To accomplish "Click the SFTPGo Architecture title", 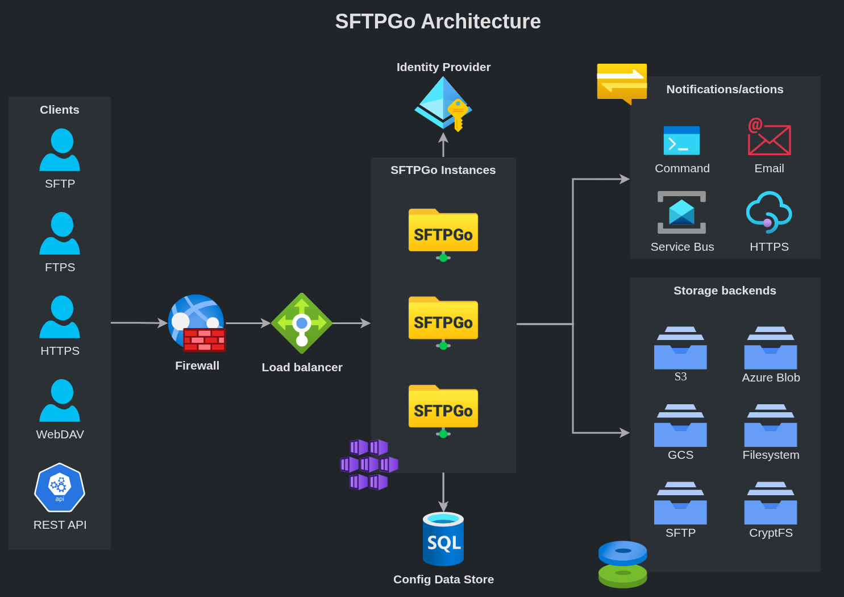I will point(438,22).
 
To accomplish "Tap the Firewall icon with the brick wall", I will point(197,323).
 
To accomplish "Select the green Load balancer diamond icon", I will point(302,323).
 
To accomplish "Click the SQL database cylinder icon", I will point(443,539).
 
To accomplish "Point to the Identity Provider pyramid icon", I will point(443,102).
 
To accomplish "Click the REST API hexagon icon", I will point(60,487).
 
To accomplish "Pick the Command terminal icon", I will point(681,140).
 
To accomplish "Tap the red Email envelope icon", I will point(769,137).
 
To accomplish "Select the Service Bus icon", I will point(681,213).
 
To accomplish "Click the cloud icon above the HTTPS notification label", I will point(769,212).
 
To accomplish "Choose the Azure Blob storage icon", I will point(771,348).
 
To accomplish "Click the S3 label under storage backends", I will point(680,377).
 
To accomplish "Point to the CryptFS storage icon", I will point(771,503).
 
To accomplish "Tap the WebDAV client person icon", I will point(60,400).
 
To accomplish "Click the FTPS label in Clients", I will point(60,267).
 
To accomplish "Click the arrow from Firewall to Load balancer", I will point(248,323).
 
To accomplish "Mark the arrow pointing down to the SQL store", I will point(443,492).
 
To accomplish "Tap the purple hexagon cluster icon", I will point(369,465).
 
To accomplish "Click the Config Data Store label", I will point(443,579).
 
